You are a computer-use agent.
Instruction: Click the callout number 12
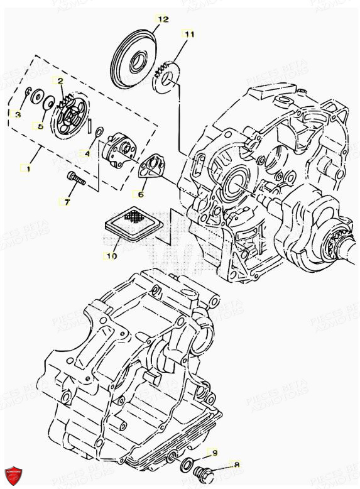pyautogui.click(x=163, y=19)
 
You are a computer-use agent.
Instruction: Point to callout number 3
pyautogui.click(x=17, y=114)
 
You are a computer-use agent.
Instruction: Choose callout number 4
pyautogui.click(x=87, y=153)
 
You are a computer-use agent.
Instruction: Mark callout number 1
pyautogui.click(x=26, y=168)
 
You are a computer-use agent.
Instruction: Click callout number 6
pyautogui.click(x=140, y=194)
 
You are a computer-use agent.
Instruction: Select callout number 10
pyautogui.click(x=111, y=256)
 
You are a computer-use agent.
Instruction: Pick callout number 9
pyautogui.click(x=214, y=452)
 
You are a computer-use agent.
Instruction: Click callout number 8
pyautogui.click(x=237, y=464)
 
